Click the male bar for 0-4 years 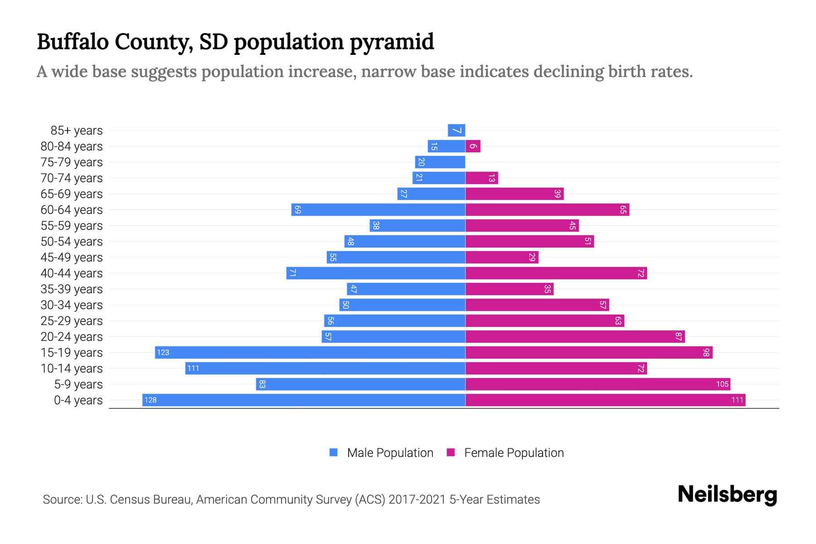pyautogui.click(x=304, y=400)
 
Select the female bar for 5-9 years pyautogui.click(x=597, y=384)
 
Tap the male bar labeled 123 pyautogui.click(x=310, y=352)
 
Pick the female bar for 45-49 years pyautogui.click(x=502, y=257)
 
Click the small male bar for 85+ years pyautogui.click(x=456, y=130)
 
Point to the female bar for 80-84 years pyautogui.click(x=473, y=146)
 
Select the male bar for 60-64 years pyautogui.click(x=378, y=209)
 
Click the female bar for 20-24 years pyautogui.click(x=575, y=336)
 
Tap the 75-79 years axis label pyautogui.click(x=72, y=162)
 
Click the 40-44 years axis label pyautogui.click(x=72, y=273)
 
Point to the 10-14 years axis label pyautogui.click(x=72, y=368)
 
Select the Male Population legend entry pyautogui.click(x=390, y=452)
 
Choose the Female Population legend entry pyautogui.click(x=514, y=452)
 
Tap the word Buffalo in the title pyautogui.click(x=73, y=42)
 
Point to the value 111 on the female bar pyautogui.click(x=737, y=400)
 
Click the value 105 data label pyautogui.click(x=722, y=384)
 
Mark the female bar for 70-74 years pyautogui.click(x=481, y=178)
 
